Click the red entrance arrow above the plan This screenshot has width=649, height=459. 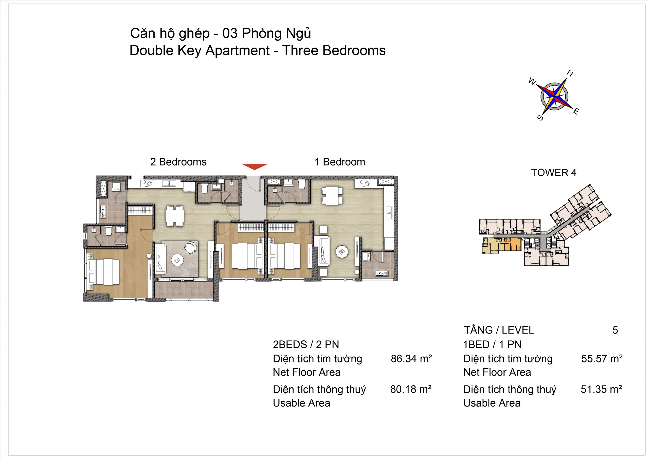pyautogui.click(x=254, y=167)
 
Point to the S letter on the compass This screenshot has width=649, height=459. pyautogui.click(x=540, y=117)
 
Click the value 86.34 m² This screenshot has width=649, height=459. pyautogui.click(x=411, y=359)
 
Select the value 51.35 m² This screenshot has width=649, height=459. pyautogui.click(x=601, y=389)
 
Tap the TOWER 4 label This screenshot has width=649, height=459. pyautogui.click(x=554, y=172)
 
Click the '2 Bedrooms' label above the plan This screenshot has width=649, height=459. pyautogui.click(x=178, y=162)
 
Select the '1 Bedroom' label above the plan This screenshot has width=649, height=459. pyautogui.click(x=340, y=162)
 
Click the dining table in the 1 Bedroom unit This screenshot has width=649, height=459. pyautogui.click(x=332, y=195)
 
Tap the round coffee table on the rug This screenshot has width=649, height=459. pyautogui.click(x=177, y=259)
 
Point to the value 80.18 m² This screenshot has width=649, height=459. pyautogui.click(x=411, y=389)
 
